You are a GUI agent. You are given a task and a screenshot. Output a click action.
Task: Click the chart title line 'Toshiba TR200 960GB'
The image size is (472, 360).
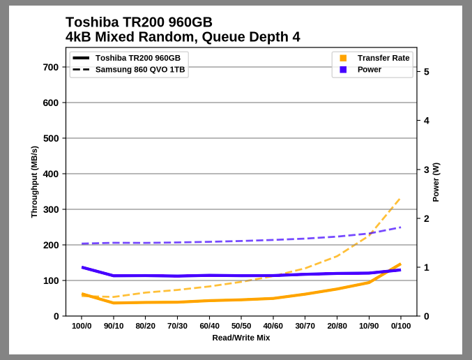[x=139, y=22]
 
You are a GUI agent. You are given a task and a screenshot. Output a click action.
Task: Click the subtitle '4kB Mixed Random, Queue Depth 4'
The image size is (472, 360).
[x=183, y=37]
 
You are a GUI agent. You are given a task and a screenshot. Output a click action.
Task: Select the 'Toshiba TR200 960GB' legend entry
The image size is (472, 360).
[x=137, y=58]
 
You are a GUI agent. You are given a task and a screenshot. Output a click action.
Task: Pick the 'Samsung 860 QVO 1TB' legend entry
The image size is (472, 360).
[x=140, y=70]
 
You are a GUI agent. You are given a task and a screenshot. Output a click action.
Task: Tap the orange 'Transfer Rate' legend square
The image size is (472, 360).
[x=343, y=58]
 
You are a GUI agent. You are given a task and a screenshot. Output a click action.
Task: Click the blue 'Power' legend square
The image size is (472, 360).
[x=343, y=70]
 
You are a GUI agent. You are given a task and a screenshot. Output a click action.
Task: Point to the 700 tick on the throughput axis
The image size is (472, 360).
[x=51, y=67]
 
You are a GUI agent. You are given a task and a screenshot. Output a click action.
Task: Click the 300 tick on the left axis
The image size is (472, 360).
[x=51, y=209]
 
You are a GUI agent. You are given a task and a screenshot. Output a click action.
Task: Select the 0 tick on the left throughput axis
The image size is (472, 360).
[x=56, y=316]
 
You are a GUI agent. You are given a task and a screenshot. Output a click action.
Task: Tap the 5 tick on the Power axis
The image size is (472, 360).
[x=426, y=72]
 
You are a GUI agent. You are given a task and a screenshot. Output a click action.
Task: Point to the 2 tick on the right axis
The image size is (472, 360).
[x=426, y=218]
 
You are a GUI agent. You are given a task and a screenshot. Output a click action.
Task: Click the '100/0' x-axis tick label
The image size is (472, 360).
[x=82, y=326]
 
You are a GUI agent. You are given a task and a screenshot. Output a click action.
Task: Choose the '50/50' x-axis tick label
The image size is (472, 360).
[x=241, y=326]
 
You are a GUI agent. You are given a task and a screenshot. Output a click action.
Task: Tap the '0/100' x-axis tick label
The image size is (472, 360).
[x=400, y=326]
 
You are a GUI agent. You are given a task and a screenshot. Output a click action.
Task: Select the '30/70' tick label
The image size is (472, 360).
[x=305, y=326]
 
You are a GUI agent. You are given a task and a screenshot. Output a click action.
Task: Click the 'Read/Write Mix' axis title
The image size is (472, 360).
[x=241, y=338]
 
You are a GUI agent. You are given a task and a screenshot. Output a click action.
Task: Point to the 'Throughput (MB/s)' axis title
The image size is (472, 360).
[x=34, y=182]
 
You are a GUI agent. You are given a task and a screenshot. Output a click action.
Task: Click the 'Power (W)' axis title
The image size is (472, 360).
[x=436, y=182]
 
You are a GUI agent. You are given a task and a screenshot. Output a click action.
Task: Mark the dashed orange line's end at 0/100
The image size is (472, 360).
[x=400, y=198]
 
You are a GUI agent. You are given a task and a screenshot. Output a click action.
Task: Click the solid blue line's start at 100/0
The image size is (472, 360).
[x=82, y=267]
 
